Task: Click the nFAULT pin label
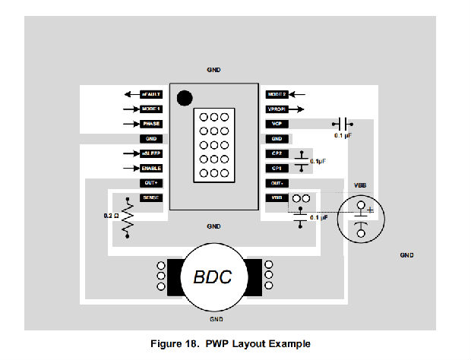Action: coord(151,95)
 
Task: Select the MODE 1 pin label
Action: coord(151,109)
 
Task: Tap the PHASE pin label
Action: coord(151,124)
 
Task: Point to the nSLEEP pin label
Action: coord(151,153)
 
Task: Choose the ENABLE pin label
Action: coord(151,168)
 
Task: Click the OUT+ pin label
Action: coord(151,183)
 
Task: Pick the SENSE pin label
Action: coord(151,197)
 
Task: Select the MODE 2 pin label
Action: coord(277,95)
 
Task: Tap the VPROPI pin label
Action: coord(277,109)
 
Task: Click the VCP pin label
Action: coord(277,124)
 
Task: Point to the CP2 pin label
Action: coord(277,153)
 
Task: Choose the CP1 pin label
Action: coord(277,168)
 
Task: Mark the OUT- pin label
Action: coord(277,183)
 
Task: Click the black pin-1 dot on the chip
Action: coord(183,97)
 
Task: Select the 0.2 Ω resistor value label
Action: coord(110,216)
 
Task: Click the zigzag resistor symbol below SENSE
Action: coord(128,217)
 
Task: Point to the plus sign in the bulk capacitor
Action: coord(370,210)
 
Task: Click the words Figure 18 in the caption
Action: coord(199,344)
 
